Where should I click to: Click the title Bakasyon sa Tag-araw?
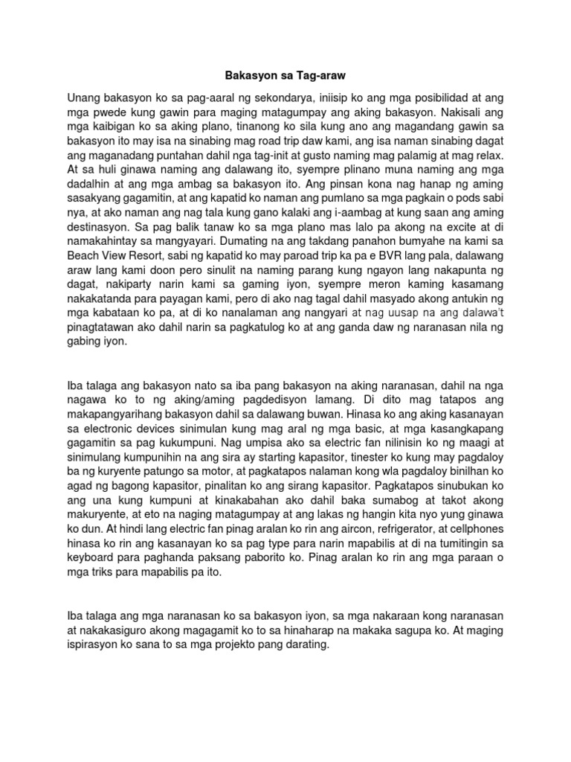click(x=285, y=76)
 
